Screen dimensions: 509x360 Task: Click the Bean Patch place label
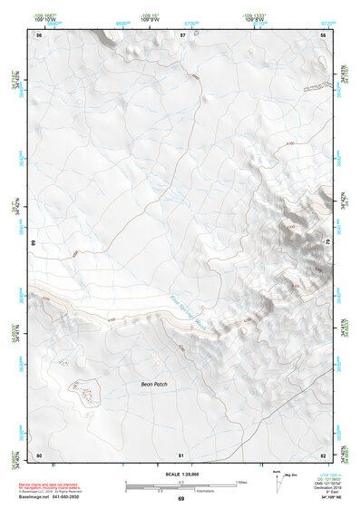click(154, 385)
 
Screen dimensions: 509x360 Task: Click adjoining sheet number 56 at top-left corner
click(39, 34)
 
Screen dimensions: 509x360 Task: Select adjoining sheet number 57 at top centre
click(181, 34)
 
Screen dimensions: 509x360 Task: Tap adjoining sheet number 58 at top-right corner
click(323, 34)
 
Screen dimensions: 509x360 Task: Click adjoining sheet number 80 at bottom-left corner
click(39, 455)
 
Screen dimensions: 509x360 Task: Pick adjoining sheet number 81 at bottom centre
click(180, 455)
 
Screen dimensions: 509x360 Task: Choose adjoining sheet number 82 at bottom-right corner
click(323, 455)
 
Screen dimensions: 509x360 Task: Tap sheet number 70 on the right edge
click(327, 244)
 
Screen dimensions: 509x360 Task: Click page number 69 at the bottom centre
click(180, 499)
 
